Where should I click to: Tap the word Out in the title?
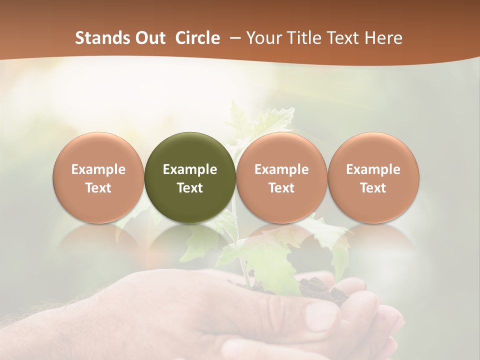(149, 38)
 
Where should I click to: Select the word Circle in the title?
(197, 38)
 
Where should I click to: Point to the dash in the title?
(233, 38)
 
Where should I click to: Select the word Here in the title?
(383, 38)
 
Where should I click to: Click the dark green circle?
(190, 150)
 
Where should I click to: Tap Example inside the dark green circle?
(190, 169)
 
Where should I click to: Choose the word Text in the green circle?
(190, 188)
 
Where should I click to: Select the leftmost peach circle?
(98, 150)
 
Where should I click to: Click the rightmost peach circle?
(373, 150)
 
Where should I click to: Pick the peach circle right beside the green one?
(281, 150)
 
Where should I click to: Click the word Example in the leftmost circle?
(98, 169)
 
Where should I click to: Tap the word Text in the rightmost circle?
(373, 188)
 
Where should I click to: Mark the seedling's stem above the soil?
(245, 270)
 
